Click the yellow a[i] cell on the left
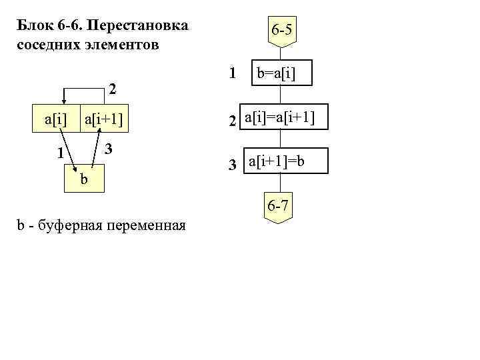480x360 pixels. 56,120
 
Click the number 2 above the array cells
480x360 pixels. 113,89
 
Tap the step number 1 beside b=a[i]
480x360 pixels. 231,73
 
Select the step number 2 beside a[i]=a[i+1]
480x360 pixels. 231,121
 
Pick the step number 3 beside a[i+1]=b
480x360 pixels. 232,164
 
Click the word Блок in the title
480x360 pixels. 34,27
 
